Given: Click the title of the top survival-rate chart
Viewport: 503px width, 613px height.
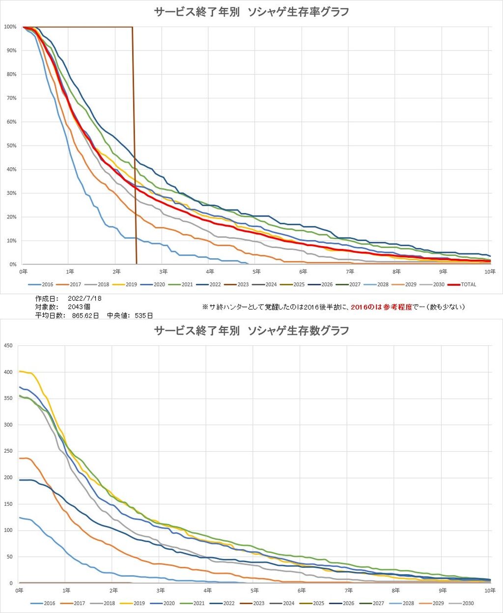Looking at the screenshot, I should click(x=251, y=12).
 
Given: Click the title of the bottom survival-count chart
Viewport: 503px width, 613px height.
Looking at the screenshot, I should click(x=251, y=330).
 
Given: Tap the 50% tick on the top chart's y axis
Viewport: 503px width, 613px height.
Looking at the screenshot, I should click(x=11, y=146).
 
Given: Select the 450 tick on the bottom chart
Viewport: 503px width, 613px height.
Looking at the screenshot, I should click(x=8, y=345).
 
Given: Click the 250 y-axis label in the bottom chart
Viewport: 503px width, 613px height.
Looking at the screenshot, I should click(x=8, y=451).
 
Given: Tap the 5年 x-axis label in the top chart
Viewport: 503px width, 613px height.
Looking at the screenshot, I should click(x=256, y=272).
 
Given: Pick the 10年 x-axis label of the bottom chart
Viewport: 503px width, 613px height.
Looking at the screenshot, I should click(x=489, y=590).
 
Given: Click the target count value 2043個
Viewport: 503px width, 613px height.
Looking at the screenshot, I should click(x=79, y=307).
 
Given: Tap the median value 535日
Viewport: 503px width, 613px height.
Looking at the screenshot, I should click(x=143, y=315).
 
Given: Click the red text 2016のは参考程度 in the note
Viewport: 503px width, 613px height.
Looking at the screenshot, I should click(x=381, y=307).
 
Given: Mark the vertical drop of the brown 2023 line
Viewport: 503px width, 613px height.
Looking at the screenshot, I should click(x=135, y=148).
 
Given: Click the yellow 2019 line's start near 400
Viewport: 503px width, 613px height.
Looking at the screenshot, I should click(x=22, y=371).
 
